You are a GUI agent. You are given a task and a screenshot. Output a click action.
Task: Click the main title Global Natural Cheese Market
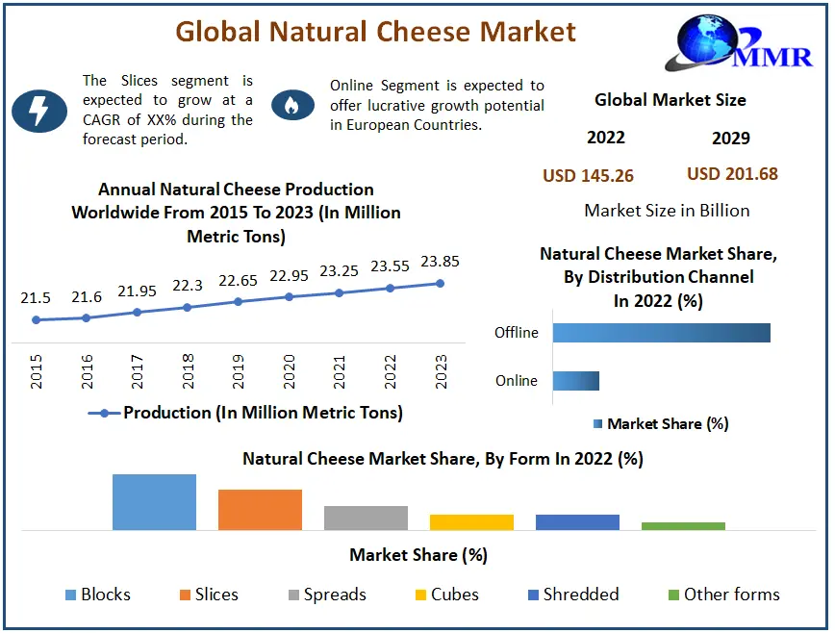(x=375, y=31)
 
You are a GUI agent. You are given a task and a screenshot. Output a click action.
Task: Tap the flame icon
(x=291, y=105)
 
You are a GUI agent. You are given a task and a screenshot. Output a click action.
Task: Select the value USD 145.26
(x=588, y=175)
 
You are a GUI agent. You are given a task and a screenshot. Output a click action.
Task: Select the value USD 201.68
(x=732, y=174)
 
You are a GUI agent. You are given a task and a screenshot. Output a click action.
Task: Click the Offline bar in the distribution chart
(x=661, y=333)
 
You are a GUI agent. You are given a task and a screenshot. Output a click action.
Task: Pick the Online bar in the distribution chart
(x=575, y=381)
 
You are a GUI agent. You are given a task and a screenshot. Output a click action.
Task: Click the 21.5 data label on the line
(x=37, y=298)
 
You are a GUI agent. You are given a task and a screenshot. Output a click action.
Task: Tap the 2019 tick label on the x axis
(x=239, y=369)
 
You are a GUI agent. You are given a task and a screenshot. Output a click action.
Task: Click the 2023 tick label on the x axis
(x=442, y=369)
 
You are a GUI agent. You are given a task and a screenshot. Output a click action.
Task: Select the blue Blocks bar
(x=154, y=502)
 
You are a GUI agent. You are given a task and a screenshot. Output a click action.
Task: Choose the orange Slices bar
(x=260, y=510)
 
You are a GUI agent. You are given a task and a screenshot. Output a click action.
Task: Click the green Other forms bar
(x=683, y=526)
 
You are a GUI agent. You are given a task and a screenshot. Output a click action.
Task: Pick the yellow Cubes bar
(x=471, y=522)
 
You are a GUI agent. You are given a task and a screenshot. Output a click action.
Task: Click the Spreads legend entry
(x=325, y=595)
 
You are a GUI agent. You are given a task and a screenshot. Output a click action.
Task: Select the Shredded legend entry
(x=573, y=595)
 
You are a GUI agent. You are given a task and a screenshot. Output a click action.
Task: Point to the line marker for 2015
(x=37, y=319)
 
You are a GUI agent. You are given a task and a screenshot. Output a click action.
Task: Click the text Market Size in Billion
(x=667, y=211)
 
